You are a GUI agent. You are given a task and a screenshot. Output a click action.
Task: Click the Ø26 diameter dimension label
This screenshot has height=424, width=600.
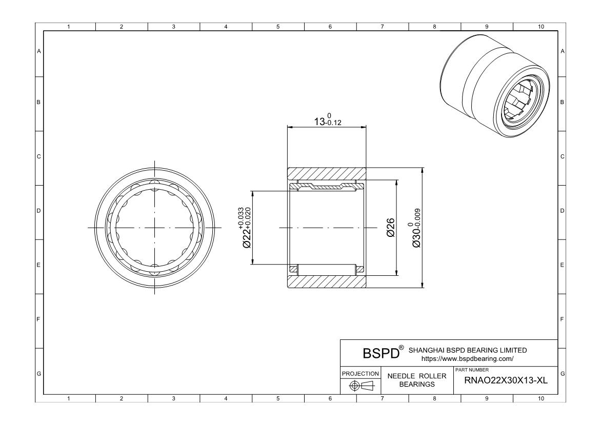coord(390,228)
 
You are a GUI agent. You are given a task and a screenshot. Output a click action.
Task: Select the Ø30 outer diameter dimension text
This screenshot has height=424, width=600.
coord(415,228)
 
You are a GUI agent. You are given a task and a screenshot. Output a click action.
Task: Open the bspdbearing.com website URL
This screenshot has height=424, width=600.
coord(467,359)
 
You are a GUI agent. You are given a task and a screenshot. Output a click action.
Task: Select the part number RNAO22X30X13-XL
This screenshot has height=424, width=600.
coord(506,380)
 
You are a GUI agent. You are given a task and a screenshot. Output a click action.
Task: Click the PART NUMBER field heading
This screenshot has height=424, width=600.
coord(472,370)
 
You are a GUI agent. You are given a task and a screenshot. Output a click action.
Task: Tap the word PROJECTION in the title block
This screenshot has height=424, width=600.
coord(360,374)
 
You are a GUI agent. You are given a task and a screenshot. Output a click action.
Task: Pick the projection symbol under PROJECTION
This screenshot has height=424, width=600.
coord(359,386)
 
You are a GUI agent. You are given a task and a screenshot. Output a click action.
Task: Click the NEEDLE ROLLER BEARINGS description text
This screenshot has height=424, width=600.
coord(417,380)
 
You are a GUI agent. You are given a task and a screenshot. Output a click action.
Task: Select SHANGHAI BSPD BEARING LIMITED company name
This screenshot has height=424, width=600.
coord(468,350)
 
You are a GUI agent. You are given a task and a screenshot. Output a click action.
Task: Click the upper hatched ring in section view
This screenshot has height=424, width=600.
coord(327,174)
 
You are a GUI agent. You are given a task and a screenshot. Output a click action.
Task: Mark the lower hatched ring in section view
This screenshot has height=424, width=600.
coord(327,281)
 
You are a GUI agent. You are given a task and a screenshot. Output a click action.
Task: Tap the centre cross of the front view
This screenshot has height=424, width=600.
coord(154,228)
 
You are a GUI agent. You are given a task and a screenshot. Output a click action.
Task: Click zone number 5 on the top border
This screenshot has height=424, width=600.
coord(278,27)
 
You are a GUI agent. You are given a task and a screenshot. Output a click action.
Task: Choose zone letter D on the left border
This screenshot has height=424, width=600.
coord(38,211)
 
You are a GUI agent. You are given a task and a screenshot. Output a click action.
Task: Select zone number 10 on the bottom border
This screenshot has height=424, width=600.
coord(541,399)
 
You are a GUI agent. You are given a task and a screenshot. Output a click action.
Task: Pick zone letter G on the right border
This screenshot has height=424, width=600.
coord(562,374)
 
